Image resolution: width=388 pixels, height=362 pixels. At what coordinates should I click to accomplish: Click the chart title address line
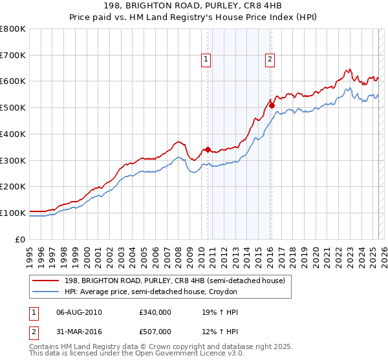pyautogui.click(x=194, y=6)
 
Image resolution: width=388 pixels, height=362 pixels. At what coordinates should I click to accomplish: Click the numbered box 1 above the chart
pyautogui.click(x=206, y=60)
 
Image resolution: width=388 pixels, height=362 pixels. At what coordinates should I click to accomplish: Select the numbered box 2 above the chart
pyautogui.click(x=270, y=60)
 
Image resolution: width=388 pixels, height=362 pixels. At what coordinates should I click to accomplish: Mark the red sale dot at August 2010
pyautogui.click(x=208, y=150)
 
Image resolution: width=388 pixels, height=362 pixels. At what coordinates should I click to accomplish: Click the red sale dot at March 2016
pyautogui.click(x=272, y=106)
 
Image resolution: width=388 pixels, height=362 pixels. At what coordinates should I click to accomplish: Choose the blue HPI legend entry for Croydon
pyautogui.click(x=151, y=292)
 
